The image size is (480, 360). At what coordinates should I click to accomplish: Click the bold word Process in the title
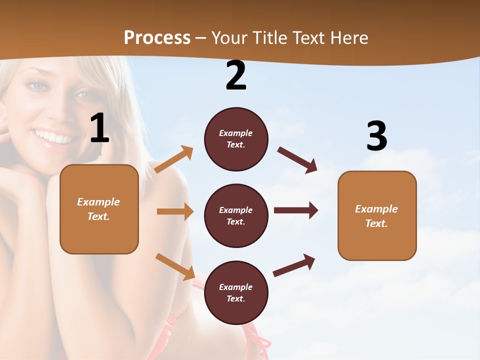157,37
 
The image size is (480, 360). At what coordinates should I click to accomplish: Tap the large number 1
99,128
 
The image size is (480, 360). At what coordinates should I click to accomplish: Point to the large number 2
236,75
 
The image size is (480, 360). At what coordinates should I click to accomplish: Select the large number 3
377,136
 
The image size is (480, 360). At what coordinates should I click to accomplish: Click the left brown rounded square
99,209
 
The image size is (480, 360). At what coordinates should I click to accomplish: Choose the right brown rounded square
377,215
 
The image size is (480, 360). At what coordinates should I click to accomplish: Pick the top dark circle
236,139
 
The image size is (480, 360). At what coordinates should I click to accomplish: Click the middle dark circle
236,215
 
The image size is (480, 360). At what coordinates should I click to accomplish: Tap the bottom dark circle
236,292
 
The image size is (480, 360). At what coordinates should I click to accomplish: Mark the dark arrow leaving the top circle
297,160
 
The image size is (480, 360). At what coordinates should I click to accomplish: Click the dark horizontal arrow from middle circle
296,210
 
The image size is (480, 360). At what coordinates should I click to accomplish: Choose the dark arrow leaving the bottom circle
294,265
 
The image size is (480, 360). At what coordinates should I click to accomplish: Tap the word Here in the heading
350,37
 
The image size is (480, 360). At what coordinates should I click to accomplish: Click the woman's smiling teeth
53,136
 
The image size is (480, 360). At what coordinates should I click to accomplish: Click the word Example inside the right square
376,209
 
